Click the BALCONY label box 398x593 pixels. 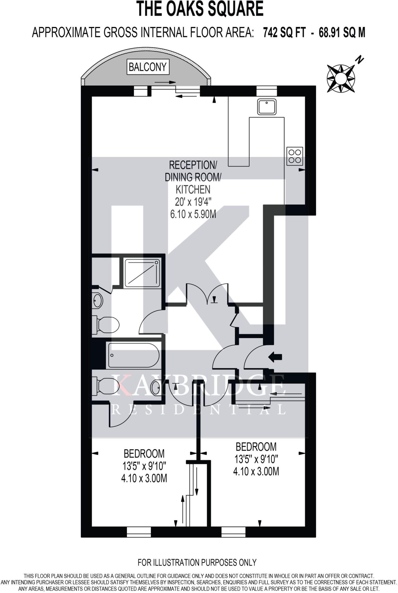pyautogui.click(x=148, y=67)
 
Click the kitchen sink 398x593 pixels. pyautogui.click(x=266, y=107)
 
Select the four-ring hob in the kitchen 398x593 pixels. pyautogui.click(x=295, y=156)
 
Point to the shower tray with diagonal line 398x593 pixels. pyautogui.click(x=142, y=273)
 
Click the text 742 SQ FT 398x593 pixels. pyautogui.click(x=284, y=32)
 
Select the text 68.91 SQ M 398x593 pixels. pyautogui.click(x=342, y=32)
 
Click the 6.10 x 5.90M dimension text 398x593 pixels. pyautogui.click(x=193, y=215)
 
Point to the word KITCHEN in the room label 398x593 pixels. pyautogui.click(x=193, y=190)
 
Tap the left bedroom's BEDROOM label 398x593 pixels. pyautogui.click(x=144, y=453)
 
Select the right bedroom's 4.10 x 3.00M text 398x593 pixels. pyautogui.click(x=256, y=471)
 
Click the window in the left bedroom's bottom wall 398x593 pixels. pyautogui.click(x=139, y=532)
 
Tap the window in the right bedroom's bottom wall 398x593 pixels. pyautogui.click(x=233, y=532)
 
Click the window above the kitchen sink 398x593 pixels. pyautogui.click(x=267, y=91)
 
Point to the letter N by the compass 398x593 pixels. pyautogui.click(x=360, y=60)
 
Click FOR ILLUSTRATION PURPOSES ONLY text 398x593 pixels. pyautogui.click(x=197, y=562)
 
